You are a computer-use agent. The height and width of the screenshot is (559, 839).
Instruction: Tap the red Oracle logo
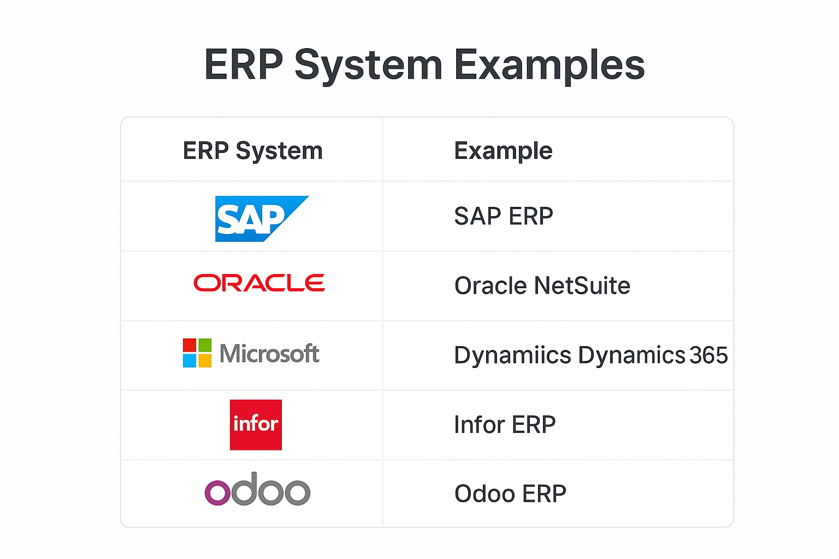259,283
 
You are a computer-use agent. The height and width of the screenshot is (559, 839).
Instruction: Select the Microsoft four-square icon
197,353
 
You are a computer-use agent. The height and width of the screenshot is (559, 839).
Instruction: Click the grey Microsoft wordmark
269,353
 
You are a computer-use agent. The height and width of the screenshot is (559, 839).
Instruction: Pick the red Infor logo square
256,425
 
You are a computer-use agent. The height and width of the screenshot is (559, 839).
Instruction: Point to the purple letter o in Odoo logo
217,493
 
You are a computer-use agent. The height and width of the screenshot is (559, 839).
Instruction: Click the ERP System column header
253,151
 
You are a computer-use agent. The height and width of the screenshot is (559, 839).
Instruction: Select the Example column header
503,151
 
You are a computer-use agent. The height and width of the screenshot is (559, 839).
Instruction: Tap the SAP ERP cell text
504,216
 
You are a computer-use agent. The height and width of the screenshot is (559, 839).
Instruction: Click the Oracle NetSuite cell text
542,286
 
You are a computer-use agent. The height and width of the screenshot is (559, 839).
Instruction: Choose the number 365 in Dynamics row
708,355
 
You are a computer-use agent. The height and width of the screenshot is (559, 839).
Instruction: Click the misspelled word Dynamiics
512,355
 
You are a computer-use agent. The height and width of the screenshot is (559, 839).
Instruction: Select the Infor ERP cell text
505,425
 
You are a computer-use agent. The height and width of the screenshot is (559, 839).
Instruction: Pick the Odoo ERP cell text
510,493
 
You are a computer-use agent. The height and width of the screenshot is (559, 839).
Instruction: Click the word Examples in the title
550,65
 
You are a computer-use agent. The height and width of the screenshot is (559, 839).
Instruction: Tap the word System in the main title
369,65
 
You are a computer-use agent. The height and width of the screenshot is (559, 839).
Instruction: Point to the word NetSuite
582,286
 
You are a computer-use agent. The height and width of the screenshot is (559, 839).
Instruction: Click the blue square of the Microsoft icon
189,360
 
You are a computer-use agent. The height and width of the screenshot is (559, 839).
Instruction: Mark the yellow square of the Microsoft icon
205,360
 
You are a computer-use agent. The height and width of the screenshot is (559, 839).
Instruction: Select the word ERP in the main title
244,64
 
